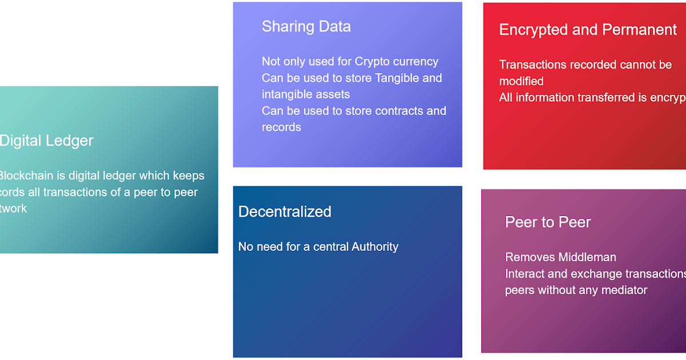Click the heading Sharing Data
pos(306,26)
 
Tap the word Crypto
pos(372,62)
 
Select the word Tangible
pos(397,78)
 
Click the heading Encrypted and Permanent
pos(588,30)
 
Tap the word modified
pos(521,81)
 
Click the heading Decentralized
pos(285,211)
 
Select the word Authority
pos(375,247)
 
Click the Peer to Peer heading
pos(548,222)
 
